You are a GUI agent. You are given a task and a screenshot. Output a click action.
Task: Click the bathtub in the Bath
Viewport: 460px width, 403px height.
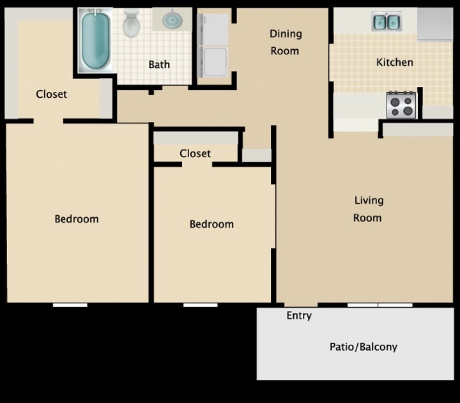tap(96, 40)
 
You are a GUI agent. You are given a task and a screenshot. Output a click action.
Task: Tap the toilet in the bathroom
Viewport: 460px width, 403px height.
tap(132, 24)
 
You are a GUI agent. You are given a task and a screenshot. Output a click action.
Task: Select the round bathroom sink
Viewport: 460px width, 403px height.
tap(172, 20)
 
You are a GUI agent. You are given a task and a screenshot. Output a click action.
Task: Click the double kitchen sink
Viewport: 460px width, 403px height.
tap(387, 22)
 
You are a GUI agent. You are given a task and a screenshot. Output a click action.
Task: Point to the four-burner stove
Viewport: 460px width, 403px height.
tap(401, 105)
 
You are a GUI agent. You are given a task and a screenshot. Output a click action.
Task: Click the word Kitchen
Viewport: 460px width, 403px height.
tap(394, 63)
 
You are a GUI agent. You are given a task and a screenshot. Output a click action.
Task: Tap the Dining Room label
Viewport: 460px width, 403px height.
tap(285, 42)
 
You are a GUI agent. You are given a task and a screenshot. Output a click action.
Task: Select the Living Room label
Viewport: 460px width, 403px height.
tap(369, 209)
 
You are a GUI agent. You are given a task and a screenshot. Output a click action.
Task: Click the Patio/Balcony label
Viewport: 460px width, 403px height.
tap(363, 347)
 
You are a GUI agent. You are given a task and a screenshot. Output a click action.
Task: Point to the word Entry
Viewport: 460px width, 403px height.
tap(299, 316)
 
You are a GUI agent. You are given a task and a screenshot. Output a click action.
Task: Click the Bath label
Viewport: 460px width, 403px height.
tap(159, 65)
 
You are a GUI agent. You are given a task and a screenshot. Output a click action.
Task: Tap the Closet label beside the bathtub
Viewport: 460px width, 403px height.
tap(51, 95)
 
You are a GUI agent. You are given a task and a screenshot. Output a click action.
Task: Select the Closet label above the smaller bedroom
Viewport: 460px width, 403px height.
tap(195, 154)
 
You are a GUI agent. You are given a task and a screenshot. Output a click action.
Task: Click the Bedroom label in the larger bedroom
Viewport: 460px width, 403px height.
tap(77, 219)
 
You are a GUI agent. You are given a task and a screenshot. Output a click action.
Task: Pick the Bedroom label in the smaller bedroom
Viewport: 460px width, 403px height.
tap(211, 224)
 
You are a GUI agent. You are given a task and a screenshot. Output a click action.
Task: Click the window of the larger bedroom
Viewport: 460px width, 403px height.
tap(70, 305)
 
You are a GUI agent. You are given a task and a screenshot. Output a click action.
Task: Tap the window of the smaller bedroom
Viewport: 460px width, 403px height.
tap(200, 305)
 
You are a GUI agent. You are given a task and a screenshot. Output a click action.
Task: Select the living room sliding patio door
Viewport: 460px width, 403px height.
tap(379, 305)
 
